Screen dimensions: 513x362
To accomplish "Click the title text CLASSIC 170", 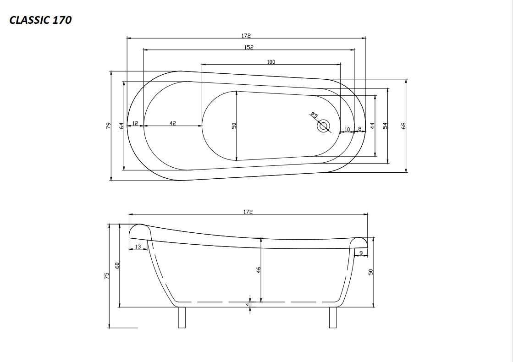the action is tap(40, 20).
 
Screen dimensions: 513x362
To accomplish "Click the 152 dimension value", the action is tap(248, 47).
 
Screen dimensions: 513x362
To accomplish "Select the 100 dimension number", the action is tap(271, 62).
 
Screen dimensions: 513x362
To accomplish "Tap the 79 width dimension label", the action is tap(109, 126).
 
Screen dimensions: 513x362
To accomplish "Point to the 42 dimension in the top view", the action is tap(173, 123).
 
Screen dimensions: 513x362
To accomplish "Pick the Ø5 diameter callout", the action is tap(314, 115).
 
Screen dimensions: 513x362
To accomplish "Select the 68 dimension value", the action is tap(404, 126).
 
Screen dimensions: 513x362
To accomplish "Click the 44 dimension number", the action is tap(372, 126).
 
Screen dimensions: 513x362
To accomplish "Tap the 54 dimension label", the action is tap(385, 126).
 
